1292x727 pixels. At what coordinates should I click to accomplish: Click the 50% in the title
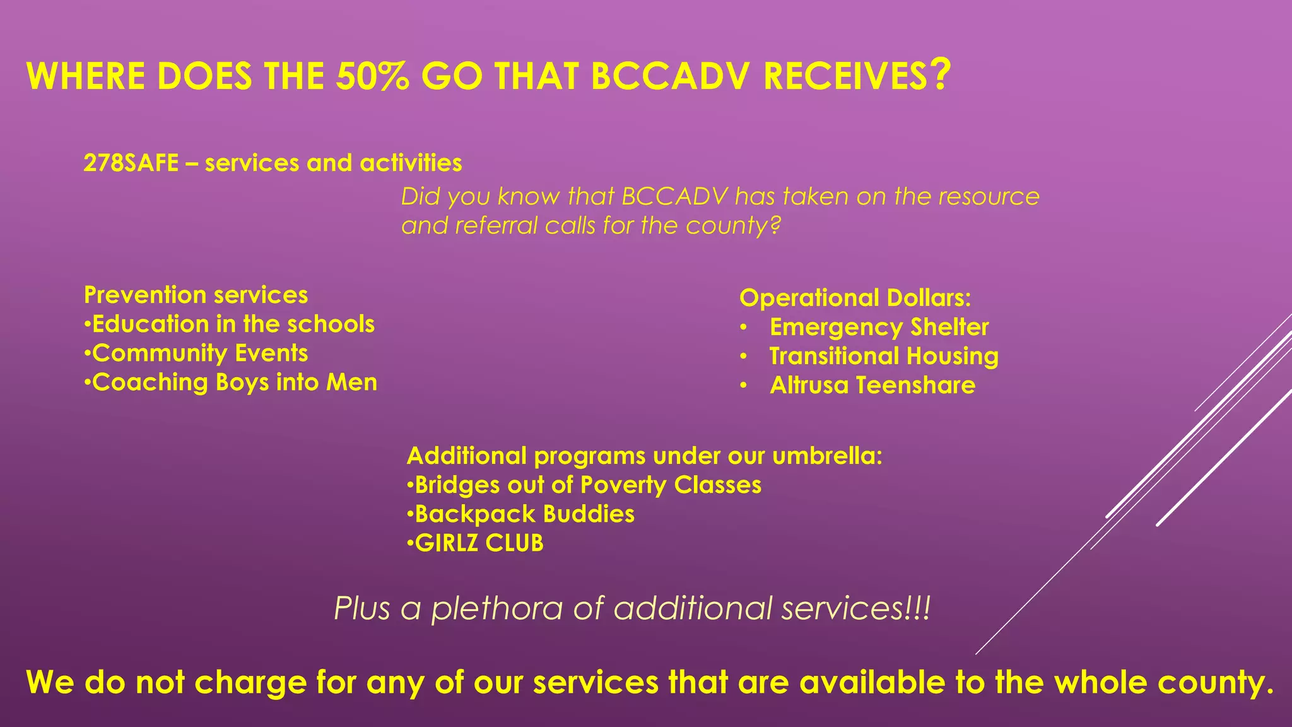[x=372, y=77]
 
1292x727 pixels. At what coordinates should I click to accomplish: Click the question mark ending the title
[x=940, y=74]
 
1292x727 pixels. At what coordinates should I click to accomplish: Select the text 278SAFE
[x=131, y=163]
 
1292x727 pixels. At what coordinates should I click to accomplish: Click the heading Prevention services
[x=196, y=295]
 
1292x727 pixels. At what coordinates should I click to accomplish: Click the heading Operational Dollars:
[x=855, y=298]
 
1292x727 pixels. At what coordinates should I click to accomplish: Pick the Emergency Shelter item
[x=879, y=327]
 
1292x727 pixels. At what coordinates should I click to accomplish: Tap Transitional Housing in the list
[x=884, y=356]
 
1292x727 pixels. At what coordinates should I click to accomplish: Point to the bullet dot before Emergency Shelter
[x=744, y=328]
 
